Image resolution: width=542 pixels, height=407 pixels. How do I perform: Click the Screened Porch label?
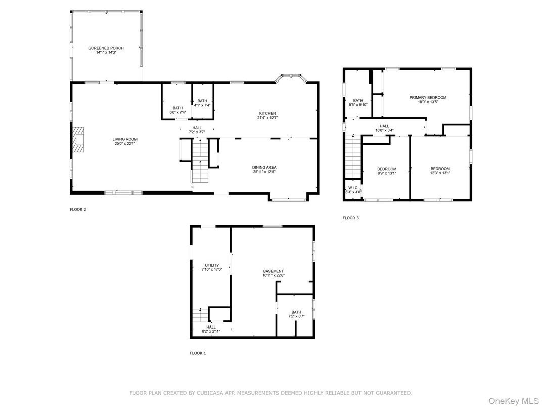[106, 48]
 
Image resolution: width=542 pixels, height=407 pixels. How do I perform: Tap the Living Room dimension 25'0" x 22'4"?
[125, 143]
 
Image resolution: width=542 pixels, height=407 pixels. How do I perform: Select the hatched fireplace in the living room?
[78, 140]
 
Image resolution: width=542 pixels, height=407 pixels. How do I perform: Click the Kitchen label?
[267, 113]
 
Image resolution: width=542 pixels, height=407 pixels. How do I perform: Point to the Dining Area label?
[264, 167]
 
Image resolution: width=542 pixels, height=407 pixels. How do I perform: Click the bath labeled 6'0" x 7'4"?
[177, 110]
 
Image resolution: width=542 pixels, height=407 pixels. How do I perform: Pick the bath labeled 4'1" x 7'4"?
[202, 103]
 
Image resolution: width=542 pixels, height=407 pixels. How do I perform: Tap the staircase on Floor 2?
[200, 160]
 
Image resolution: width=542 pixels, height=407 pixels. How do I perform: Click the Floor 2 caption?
[78, 209]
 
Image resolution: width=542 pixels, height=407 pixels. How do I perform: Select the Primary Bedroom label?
[428, 98]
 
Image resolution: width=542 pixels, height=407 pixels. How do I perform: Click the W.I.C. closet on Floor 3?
[353, 190]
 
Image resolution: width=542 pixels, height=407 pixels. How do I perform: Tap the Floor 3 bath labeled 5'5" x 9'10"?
[358, 102]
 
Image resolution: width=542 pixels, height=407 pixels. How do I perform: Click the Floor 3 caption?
[351, 218]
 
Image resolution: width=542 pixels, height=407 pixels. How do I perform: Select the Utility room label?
[212, 265]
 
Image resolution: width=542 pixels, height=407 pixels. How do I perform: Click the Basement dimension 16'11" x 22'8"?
[274, 275]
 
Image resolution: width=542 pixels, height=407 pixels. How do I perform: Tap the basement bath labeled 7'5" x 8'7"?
[296, 314]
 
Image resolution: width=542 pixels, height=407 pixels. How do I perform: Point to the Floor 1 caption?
[198, 353]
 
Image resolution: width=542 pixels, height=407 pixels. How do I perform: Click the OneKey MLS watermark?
[514, 401]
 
